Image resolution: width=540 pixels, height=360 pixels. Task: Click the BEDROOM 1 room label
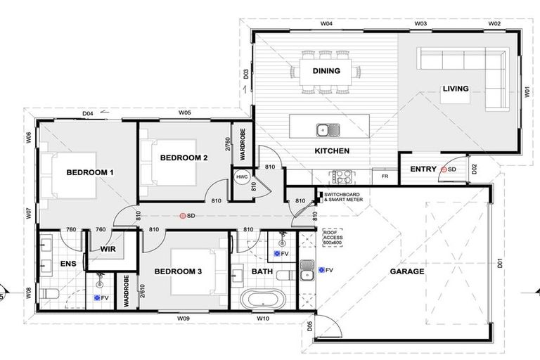click(x=90, y=172)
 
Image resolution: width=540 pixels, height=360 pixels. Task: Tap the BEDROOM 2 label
click(x=184, y=158)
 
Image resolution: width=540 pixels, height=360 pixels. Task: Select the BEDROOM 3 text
click(x=178, y=271)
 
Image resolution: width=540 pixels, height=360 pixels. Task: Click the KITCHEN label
click(x=332, y=151)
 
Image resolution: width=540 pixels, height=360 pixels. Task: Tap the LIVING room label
click(x=455, y=89)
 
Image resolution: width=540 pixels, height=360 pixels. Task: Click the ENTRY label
click(x=423, y=169)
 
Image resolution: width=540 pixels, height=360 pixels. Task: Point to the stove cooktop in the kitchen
click(x=341, y=176)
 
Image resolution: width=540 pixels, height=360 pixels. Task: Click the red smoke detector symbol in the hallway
click(x=183, y=217)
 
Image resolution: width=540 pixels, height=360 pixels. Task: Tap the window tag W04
click(x=326, y=24)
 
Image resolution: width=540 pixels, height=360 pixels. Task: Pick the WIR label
click(x=108, y=249)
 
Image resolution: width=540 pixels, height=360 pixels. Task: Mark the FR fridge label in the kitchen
click(x=385, y=177)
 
